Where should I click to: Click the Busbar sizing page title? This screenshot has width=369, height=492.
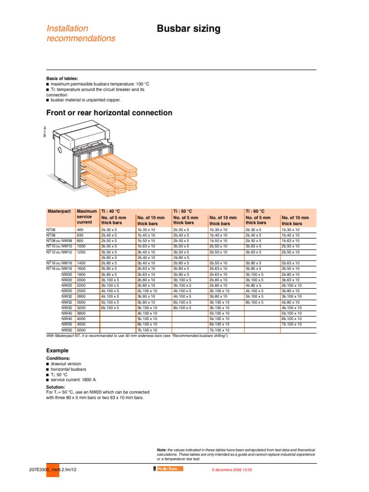point(189,29)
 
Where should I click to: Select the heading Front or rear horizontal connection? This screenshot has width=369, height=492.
point(109,113)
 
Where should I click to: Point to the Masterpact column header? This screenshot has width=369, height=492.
point(59,211)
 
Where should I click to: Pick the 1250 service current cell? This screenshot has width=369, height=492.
point(82,252)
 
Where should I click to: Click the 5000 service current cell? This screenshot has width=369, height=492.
point(82,331)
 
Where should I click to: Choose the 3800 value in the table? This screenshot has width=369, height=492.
point(82,313)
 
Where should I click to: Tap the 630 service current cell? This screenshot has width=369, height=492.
point(80,235)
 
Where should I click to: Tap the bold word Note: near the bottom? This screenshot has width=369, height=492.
point(162,449)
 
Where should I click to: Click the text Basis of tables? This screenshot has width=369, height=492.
point(62,78)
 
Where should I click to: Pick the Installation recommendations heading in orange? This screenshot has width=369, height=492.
point(81,34)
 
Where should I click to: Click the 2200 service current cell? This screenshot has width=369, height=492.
point(82,285)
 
